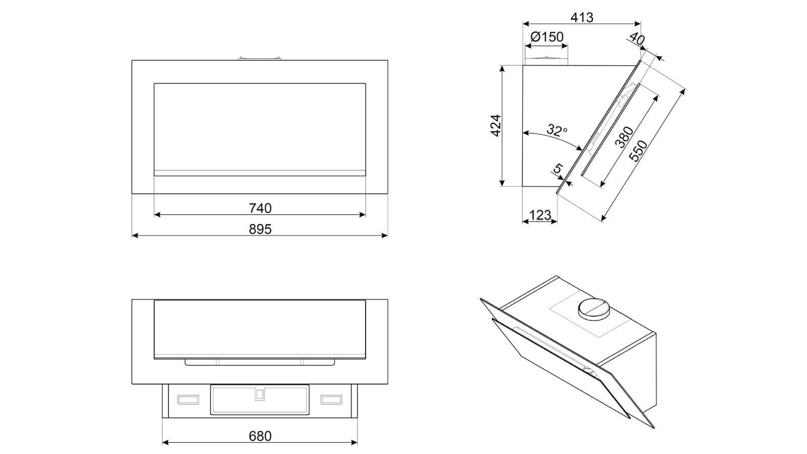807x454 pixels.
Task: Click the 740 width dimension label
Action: click(x=260, y=208)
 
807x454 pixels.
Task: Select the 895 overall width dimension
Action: click(x=260, y=229)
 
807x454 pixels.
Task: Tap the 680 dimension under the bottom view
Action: click(x=260, y=436)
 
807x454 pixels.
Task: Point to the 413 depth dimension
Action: click(x=582, y=17)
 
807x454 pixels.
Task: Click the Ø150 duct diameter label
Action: click(x=547, y=37)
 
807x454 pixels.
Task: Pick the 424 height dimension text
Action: click(x=496, y=126)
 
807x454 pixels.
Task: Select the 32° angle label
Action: click(x=556, y=131)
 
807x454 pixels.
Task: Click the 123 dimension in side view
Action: click(x=540, y=215)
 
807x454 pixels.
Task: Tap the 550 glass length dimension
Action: click(x=639, y=150)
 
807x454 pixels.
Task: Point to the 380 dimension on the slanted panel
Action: click(x=624, y=137)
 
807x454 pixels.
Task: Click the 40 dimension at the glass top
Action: click(x=637, y=39)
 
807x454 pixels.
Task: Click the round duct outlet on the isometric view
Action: click(x=595, y=308)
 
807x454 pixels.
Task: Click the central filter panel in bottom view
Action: click(x=260, y=400)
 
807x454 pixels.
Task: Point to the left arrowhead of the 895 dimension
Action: click(x=134, y=235)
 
